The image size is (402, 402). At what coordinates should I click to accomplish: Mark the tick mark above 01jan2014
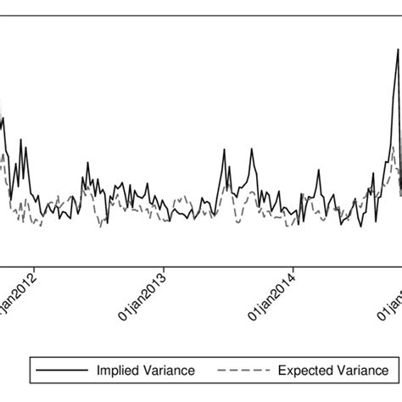(293, 267)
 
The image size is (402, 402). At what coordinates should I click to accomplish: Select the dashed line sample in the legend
(243, 371)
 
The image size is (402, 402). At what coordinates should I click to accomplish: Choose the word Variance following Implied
(169, 371)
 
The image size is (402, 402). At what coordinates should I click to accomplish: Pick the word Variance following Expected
(359, 371)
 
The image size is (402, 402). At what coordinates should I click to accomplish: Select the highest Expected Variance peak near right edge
(394, 147)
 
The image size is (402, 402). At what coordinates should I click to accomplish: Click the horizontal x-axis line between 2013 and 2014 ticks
(229, 263)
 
